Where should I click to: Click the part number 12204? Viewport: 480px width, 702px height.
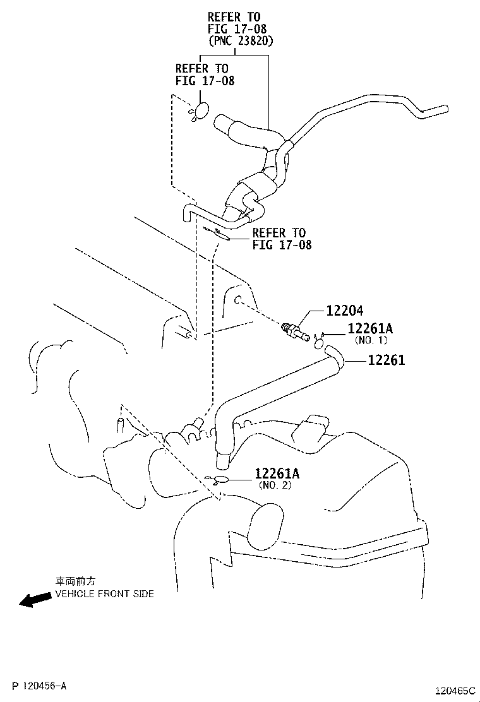click(x=345, y=311)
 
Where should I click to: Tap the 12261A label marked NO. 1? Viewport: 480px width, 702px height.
click(x=370, y=328)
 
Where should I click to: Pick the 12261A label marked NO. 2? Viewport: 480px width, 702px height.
click(x=278, y=473)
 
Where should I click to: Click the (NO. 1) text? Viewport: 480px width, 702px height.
click(x=371, y=340)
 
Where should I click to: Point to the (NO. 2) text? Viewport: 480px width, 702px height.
click(x=275, y=485)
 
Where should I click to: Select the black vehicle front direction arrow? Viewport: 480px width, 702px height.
click(x=35, y=599)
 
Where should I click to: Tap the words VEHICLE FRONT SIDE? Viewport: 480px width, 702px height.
click(x=104, y=594)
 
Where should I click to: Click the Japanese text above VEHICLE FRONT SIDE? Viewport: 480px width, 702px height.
click(x=75, y=581)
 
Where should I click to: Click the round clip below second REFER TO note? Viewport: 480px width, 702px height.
click(x=201, y=111)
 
